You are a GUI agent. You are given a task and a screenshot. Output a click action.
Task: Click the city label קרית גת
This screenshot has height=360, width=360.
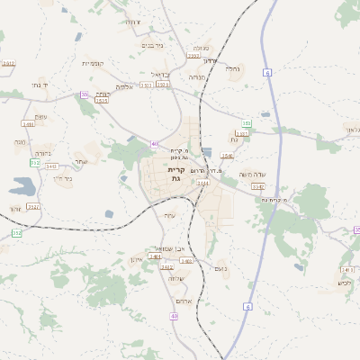[176, 174]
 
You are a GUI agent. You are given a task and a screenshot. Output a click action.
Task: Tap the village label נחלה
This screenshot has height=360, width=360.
[232, 68]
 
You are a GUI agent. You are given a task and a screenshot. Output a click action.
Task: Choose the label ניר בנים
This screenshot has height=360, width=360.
[153, 45]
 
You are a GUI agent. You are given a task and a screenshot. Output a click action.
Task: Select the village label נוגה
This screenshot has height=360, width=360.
[20, 141]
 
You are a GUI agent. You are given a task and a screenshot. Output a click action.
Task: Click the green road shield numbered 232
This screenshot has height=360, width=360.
[35, 163]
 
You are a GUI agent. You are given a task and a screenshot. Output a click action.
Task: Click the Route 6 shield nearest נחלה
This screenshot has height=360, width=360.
[267, 71]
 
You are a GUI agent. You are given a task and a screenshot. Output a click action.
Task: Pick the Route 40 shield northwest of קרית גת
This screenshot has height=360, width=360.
[155, 144]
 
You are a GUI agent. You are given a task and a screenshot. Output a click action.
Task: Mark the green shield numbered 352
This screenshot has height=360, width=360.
[16, 233]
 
